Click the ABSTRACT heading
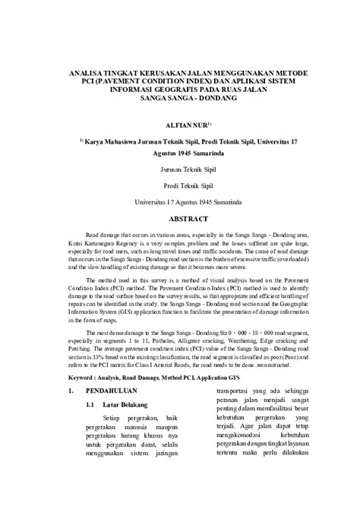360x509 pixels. (180, 218)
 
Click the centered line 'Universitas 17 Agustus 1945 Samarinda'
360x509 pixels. (180, 203)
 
